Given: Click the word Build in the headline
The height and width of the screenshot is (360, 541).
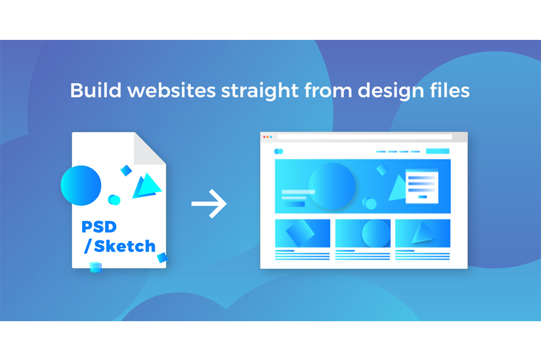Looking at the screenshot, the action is coord(96,90).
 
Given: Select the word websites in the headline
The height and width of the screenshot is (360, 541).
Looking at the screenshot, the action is coord(171,90).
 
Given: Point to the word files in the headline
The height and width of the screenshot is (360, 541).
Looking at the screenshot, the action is coord(450,90).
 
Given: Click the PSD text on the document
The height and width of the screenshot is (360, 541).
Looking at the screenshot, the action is coord(99,227).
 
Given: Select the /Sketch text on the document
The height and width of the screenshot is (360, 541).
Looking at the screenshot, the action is coord(120,246).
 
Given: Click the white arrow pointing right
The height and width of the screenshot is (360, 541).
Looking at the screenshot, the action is coord(209,204).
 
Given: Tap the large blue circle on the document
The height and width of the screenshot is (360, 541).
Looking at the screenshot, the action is coord(81,186).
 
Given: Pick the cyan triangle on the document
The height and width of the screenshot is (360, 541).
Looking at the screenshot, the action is coord(147,186).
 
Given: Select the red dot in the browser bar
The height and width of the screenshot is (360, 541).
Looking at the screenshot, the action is coord(264,137).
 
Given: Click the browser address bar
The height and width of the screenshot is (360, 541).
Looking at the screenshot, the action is coord(364,137).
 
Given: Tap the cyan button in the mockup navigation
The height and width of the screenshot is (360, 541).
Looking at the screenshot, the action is coord(437,151).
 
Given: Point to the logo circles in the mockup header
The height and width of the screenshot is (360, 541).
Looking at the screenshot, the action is coord(278,151).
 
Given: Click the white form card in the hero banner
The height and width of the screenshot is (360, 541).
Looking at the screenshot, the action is coord(422,187).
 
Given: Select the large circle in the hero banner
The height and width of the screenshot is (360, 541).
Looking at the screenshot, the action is coord(331,186).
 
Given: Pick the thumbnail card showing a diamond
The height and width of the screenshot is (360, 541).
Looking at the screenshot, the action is coord(303,233).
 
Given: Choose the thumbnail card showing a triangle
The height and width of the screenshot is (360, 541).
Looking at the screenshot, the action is coord(422,233).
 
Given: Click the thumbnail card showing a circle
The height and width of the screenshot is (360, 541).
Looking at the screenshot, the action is coord(363,233).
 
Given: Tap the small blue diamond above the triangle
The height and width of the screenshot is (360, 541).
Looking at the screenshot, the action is coord(126,171).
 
